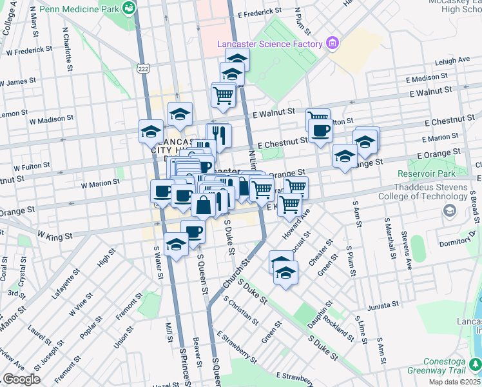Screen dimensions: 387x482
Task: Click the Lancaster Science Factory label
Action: (269, 44)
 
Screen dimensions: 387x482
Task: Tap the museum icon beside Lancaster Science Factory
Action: (333, 44)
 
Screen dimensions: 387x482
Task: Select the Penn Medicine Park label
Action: (80, 10)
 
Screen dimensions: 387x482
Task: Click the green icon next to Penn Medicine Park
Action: (130, 8)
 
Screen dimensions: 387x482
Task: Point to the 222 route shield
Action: (142, 67)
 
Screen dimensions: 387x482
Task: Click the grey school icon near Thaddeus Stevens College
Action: (448, 210)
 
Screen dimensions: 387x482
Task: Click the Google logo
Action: (21, 379)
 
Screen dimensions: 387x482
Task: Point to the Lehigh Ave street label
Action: (452, 60)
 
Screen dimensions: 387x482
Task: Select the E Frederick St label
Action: (260, 12)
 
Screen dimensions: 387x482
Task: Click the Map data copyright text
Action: (454, 382)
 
